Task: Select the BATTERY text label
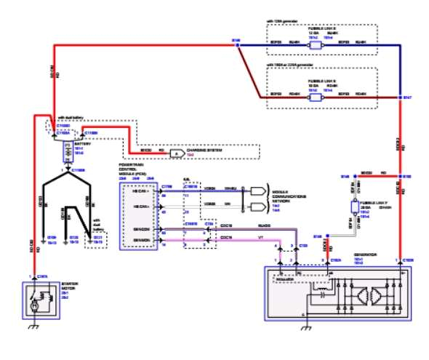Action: [81, 145]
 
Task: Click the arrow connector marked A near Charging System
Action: [176, 153]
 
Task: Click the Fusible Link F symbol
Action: [354, 207]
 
